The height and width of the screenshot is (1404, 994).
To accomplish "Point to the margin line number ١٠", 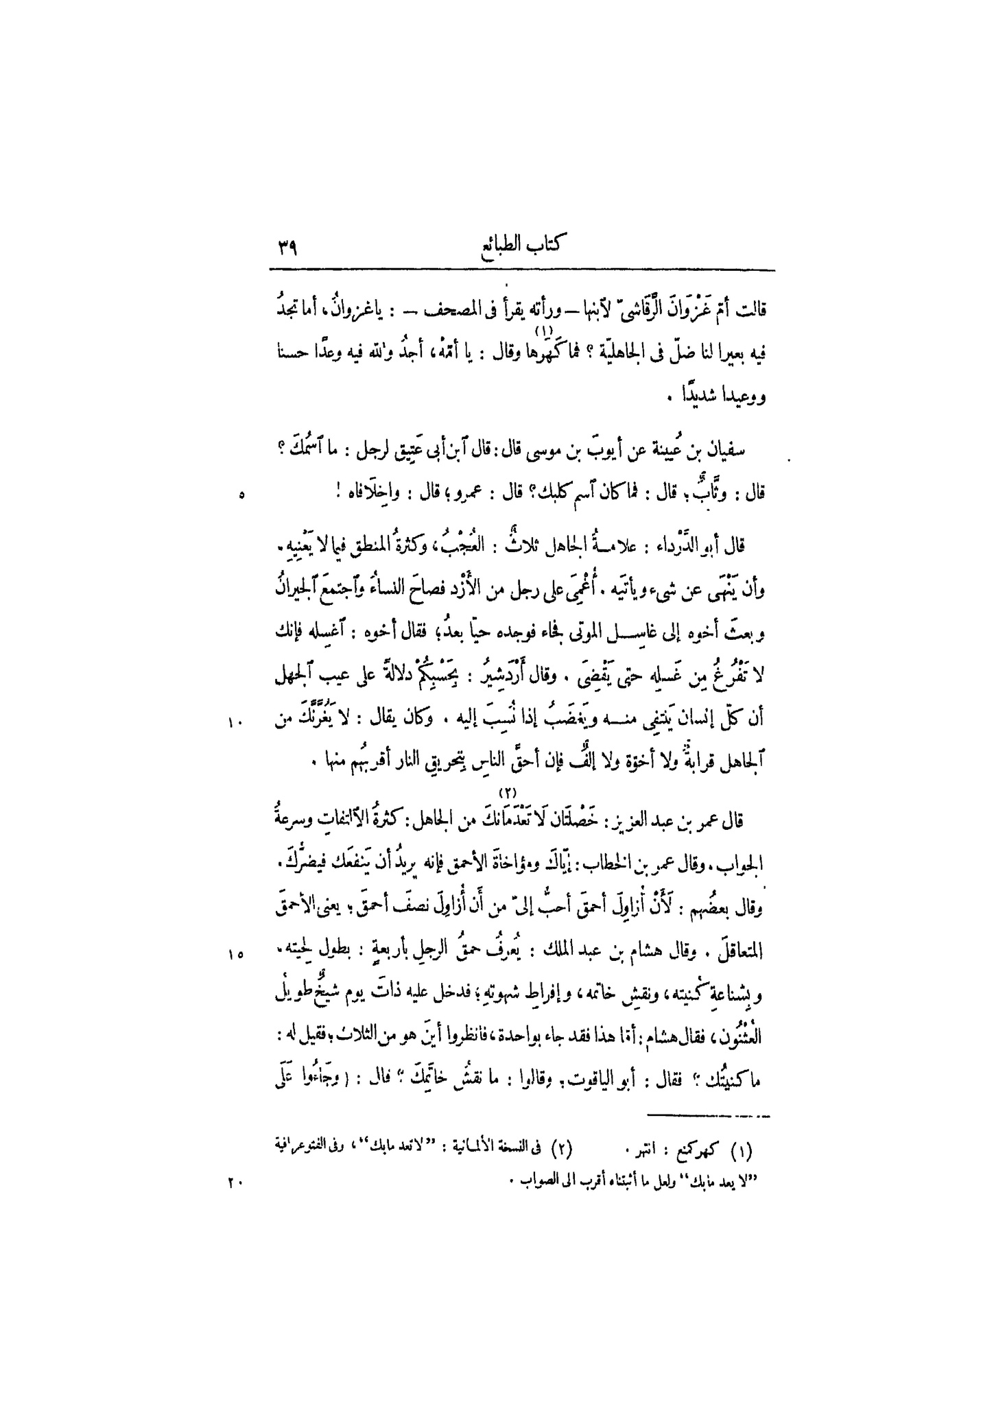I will [x=236, y=717].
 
